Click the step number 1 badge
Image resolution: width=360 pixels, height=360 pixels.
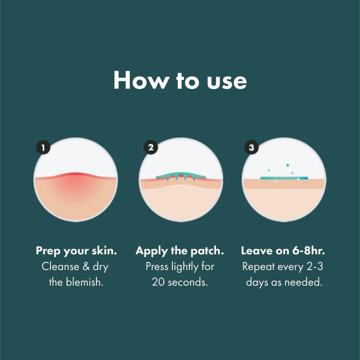point(42,147)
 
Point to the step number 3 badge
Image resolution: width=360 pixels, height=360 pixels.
point(251,147)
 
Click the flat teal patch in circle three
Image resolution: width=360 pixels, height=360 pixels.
point(284,178)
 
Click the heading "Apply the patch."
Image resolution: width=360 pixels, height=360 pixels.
point(180,250)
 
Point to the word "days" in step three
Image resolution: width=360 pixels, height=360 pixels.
point(258,283)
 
